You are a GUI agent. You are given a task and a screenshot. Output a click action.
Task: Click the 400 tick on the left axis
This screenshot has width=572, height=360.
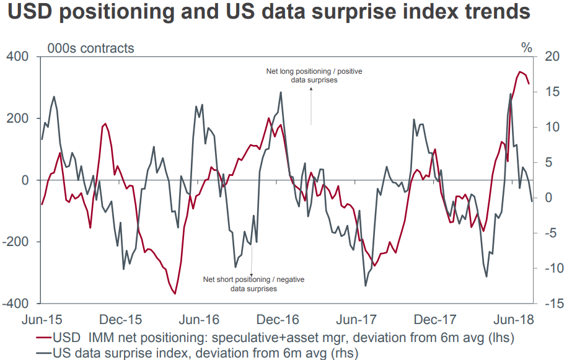point(18,57)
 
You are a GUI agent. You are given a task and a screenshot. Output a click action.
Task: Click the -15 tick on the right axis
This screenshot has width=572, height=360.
point(550,304)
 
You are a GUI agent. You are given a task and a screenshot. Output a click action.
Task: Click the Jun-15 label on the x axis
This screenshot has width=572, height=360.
point(40,320)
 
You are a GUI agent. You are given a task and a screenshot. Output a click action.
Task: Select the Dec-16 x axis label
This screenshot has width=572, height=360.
point(278,320)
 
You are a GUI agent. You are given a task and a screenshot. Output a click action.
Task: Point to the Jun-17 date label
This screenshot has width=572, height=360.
point(356,320)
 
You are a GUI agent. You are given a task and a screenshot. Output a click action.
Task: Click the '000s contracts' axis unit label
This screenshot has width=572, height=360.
point(90,48)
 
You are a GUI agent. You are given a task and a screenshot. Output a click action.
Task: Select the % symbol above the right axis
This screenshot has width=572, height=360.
point(526,48)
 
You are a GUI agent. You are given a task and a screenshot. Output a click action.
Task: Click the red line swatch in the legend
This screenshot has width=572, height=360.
point(43,338)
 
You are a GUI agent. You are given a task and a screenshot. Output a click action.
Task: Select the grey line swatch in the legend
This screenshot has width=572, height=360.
point(43,353)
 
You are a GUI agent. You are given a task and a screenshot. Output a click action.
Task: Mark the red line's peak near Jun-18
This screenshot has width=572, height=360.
point(520,72)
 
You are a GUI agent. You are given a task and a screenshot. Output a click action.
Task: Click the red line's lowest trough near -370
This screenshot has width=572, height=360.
point(175,294)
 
